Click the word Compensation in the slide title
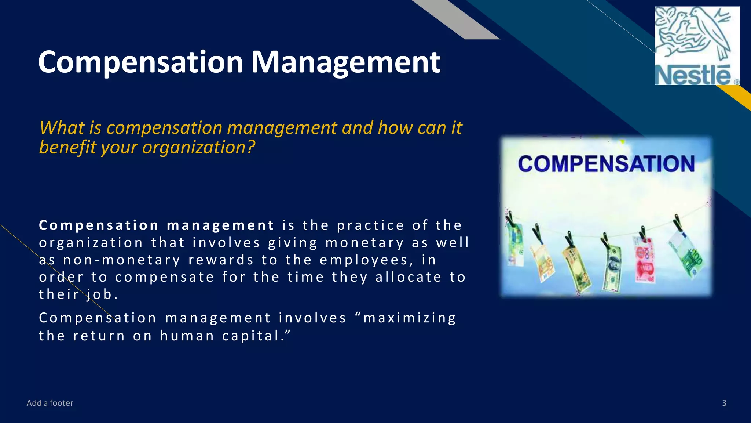(x=140, y=62)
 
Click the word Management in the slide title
(x=345, y=62)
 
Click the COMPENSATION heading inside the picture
(x=606, y=164)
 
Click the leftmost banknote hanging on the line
(x=514, y=244)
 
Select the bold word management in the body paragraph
(x=220, y=225)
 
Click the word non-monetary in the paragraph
(x=122, y=260)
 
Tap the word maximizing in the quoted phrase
(x=409, y=318)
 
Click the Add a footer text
(x=50, y=403)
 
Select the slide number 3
(x=724, y=403)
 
